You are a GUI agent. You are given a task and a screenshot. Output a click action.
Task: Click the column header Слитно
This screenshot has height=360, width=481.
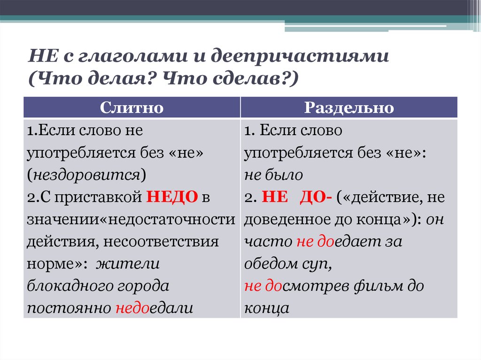132,107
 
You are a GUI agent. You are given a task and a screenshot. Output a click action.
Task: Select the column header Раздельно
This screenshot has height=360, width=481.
349,107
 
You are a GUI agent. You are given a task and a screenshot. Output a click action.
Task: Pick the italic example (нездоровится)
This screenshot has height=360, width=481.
86,175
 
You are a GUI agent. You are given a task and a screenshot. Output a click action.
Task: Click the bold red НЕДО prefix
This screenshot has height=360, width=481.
171,197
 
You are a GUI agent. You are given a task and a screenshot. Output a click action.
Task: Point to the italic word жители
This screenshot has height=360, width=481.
128,264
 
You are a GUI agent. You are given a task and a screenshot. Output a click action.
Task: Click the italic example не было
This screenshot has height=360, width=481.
273,175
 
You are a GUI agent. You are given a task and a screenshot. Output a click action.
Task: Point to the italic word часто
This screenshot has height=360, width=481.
268,242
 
